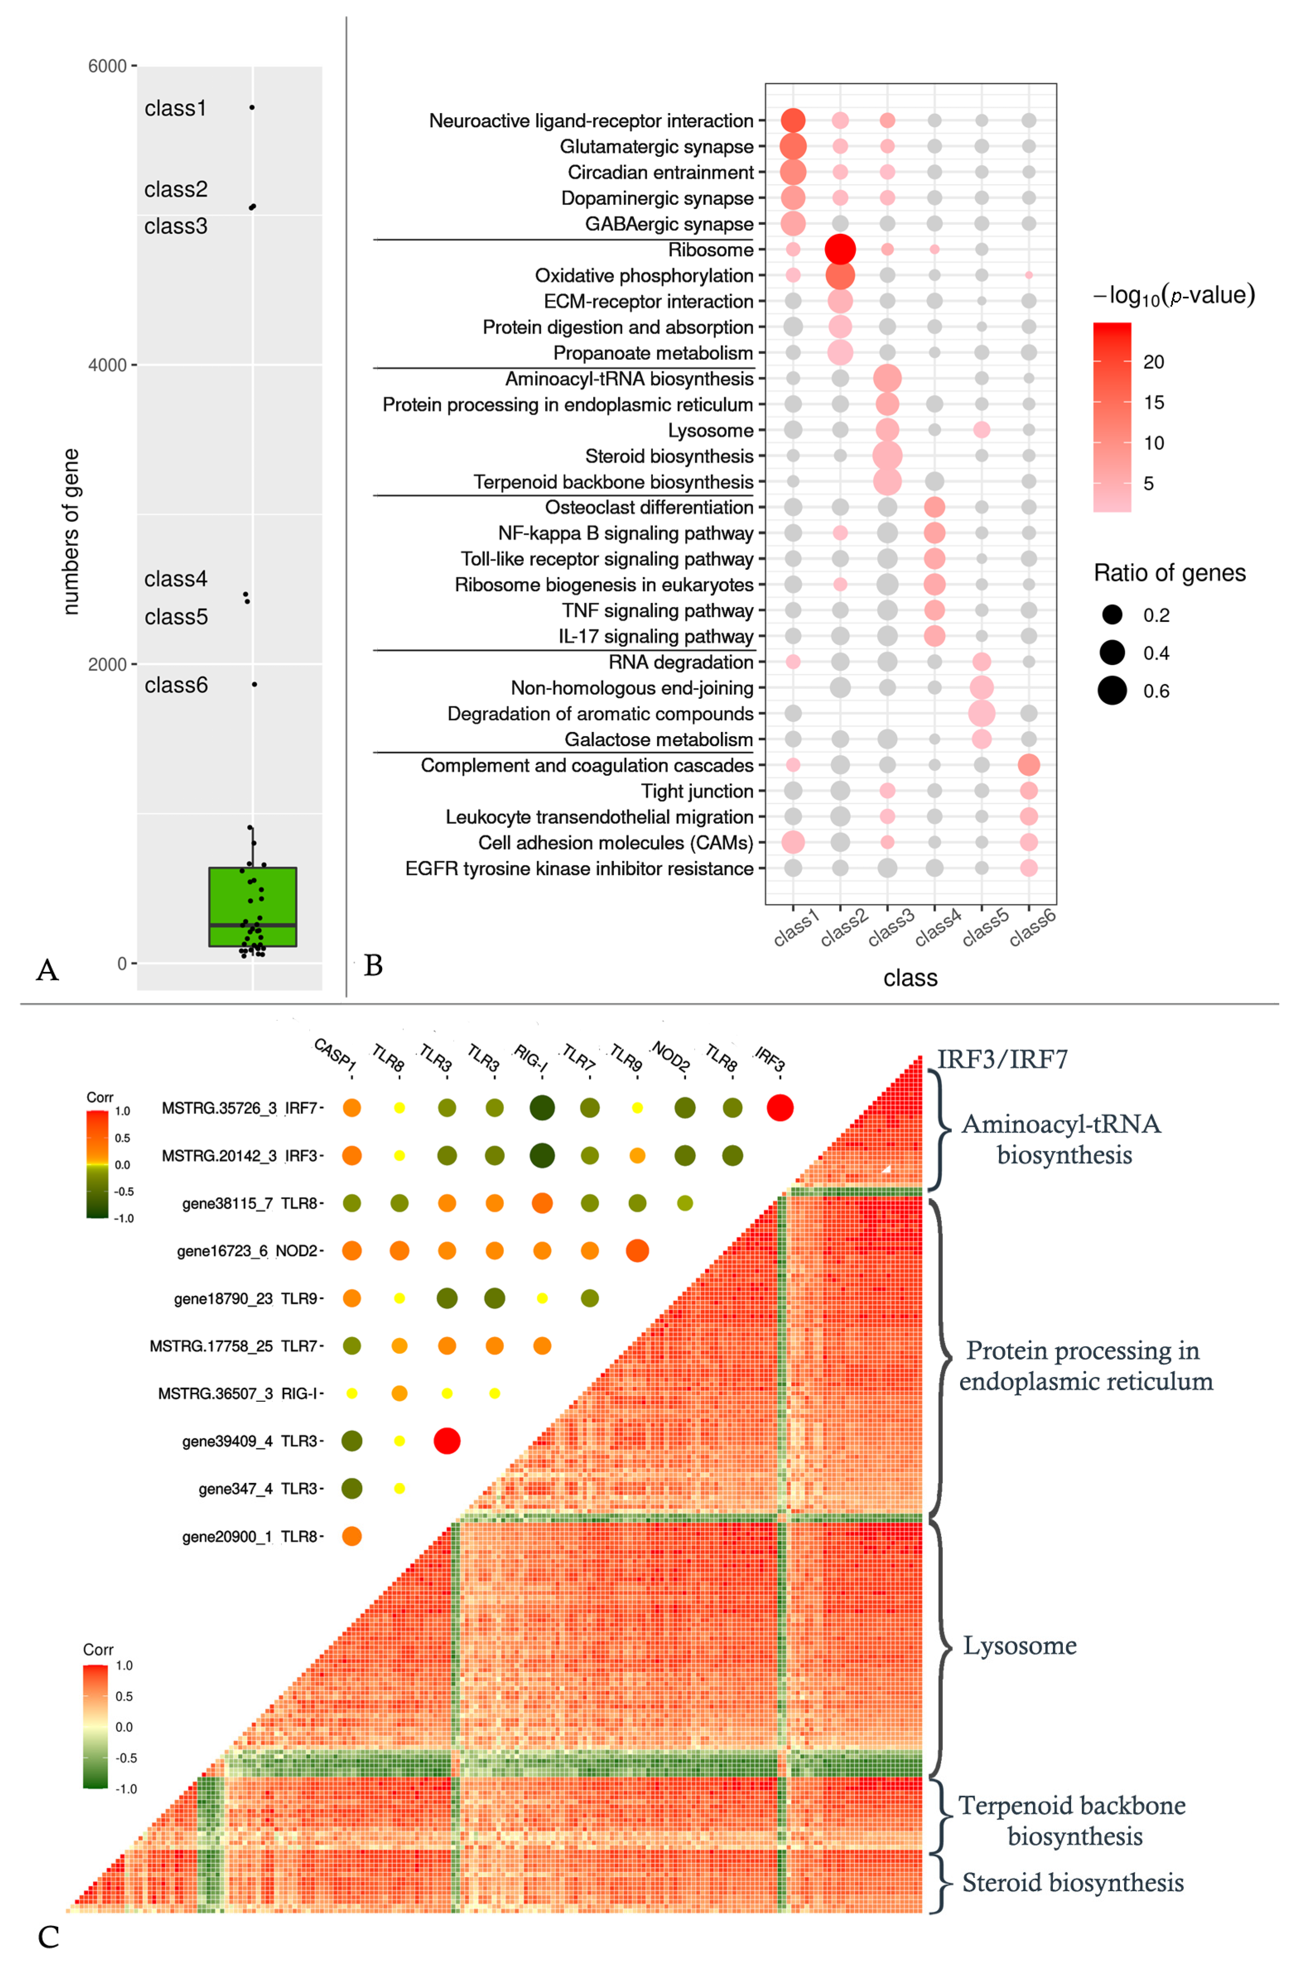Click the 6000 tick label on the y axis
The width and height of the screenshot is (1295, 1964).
(107, 66)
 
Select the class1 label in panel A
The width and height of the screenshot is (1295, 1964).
(175, 108)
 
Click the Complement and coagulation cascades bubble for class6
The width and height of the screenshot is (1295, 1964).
(1028, 765)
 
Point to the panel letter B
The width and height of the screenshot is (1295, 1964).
(373, 965)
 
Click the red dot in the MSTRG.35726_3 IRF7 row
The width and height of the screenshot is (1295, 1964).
(780, 1107)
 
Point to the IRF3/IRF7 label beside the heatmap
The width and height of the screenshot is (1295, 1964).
(1002, 1059)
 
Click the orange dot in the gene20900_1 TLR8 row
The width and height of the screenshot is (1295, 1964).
(352, 1536)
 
